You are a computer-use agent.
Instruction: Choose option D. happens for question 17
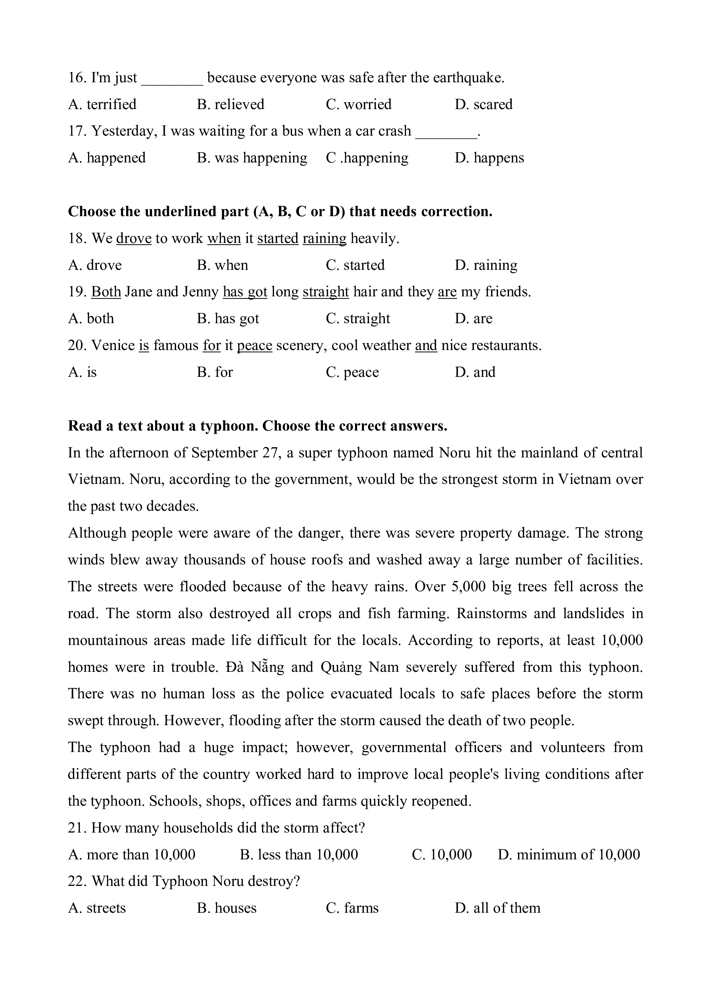(489, 158)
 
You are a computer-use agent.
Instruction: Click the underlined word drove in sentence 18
(133, 239)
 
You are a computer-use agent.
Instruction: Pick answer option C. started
(355, 265)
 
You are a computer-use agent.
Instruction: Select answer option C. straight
(357, 319)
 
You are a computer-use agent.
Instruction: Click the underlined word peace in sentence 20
(254, 346)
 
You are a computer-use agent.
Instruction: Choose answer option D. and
(475, 372)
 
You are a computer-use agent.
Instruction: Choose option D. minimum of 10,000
(569, 855)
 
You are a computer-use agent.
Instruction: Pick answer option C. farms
(352, 908)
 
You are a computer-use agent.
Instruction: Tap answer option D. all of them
(497, 908)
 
